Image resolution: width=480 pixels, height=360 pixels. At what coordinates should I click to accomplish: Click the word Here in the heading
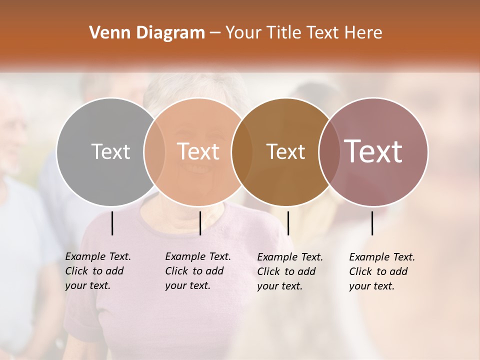point(364,33)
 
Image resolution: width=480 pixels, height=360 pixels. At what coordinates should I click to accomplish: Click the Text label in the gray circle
point(110,151)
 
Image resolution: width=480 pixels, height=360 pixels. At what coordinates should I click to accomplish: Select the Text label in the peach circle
point(198,151)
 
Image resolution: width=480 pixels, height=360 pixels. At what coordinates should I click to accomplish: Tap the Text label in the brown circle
point(285,151)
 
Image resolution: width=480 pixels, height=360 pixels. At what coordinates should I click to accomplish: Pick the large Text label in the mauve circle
point(373,151)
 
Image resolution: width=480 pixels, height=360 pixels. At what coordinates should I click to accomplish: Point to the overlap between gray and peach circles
point(154,151)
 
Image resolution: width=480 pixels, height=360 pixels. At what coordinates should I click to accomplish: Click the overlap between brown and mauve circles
point(329,151)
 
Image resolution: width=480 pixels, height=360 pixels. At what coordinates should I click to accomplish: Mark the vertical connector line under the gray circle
point(112,223)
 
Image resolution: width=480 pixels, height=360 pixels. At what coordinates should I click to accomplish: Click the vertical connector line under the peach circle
point(200,223)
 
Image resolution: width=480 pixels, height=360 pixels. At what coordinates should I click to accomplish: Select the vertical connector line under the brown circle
point(288,223)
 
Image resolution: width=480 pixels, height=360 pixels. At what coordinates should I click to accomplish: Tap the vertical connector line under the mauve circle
point(372,223)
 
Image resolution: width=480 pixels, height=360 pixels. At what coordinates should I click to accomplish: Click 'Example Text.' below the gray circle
point(98,256)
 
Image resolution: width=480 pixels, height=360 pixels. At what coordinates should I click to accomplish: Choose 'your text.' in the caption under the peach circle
point(187,285)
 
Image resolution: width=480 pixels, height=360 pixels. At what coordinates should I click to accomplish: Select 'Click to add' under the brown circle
point(286,271)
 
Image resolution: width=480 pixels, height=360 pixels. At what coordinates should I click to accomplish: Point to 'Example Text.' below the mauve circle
point(382,257)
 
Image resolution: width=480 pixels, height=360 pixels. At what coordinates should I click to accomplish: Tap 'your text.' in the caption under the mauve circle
point(371,286)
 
